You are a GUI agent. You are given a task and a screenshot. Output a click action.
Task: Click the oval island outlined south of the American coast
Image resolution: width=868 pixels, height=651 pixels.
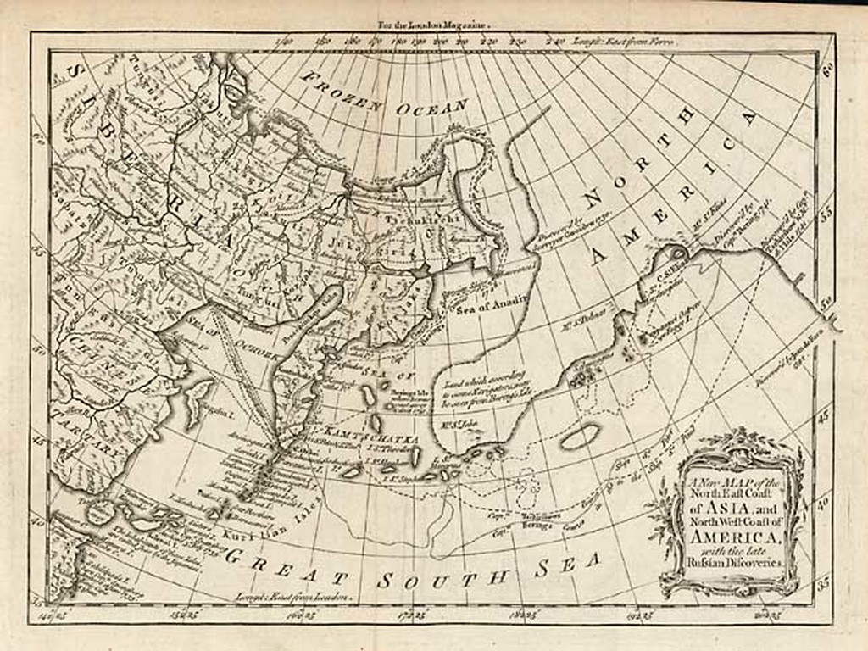[x=580, y=437]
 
